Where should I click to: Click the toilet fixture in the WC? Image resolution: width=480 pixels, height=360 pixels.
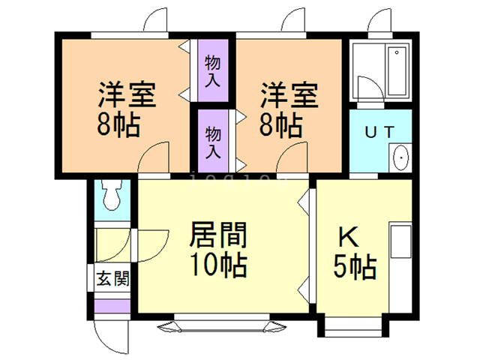pyautogui.click(x=112, y=196)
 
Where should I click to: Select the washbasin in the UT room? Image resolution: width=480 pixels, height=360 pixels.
pyautogui.click(x=400, y=157)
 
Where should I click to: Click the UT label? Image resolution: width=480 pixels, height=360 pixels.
pyautogui.click(x=379, y=132)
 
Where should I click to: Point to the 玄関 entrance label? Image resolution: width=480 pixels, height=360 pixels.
pyautogui.click(x=112, y=279)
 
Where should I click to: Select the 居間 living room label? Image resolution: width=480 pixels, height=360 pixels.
pyautogui.click(x=218, y=235)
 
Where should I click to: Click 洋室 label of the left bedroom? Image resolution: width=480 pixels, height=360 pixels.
pyautogui.click(x=125, y=96)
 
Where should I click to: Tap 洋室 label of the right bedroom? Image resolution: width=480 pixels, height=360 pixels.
pyautogui.click(x=289, y=96)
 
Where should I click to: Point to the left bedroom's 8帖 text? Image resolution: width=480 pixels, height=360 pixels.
pyautogui.click(x=118, y=124)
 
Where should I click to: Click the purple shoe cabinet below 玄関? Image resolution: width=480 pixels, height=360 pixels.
pyautogui.click(x=112, y=307)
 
